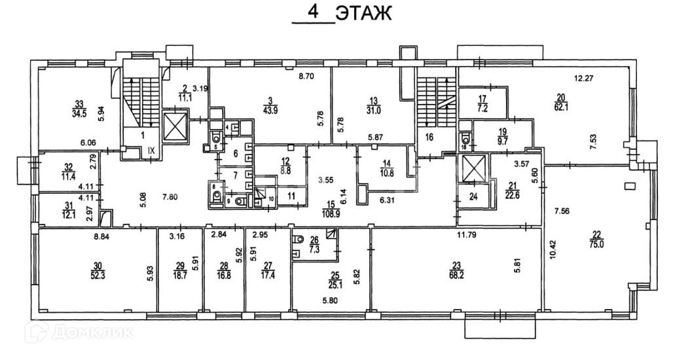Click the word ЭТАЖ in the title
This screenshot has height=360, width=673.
coord(363,14)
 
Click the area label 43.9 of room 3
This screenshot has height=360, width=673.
coord(270,108)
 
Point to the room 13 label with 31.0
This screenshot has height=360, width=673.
coord(374,107)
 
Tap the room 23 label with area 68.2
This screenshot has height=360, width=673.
coord(457,270)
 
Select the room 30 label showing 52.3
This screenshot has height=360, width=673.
coord(98,270)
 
